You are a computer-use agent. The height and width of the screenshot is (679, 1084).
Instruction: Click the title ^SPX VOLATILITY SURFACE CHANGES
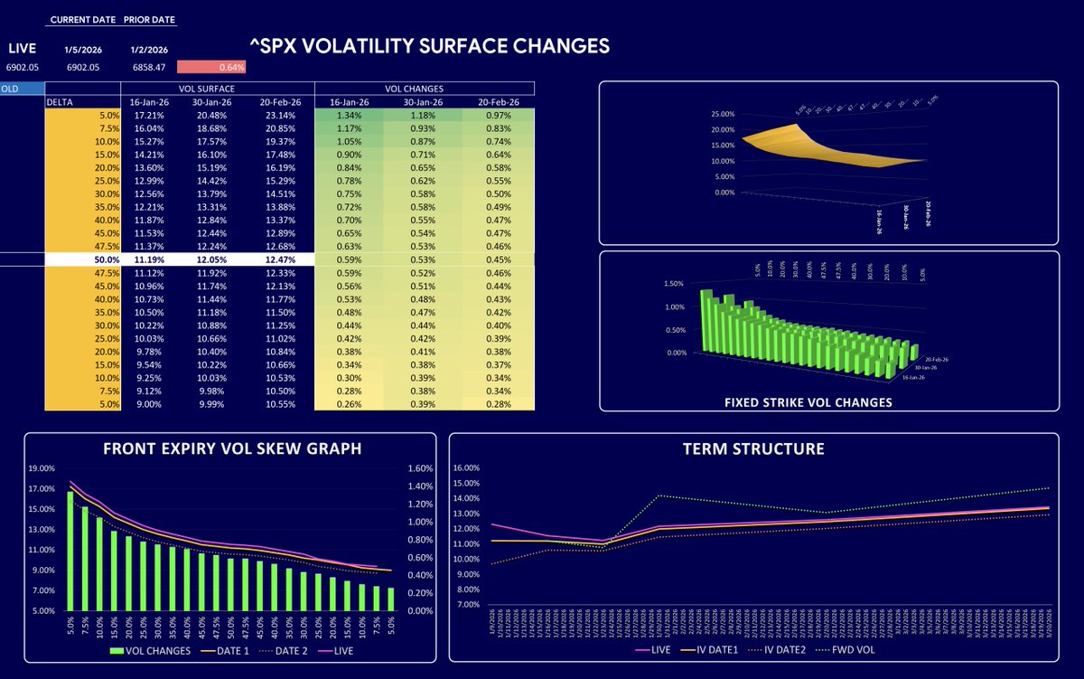pyautogui.click(x=429, y=45)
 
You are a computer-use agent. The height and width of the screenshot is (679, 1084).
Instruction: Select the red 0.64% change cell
pyautogui.click(x=211, y=67)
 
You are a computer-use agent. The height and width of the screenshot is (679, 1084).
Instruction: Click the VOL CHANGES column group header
pyautogui.click(x=424, y=89)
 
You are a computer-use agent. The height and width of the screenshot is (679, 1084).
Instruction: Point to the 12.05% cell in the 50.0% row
pyautogui.click(x=212, y=259)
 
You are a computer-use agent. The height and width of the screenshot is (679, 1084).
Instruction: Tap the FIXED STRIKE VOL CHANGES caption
pyautogui.click(x=827, y=402)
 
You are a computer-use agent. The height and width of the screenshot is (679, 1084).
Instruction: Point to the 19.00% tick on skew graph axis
pyautogui.click(x=42, y=468)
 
